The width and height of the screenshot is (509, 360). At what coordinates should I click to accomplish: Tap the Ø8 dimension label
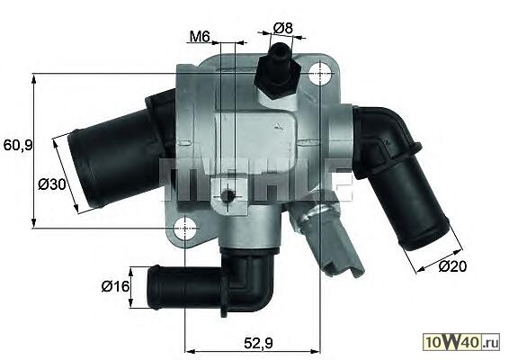coord(282,28)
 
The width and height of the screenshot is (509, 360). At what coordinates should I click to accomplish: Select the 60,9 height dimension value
coord(18,145)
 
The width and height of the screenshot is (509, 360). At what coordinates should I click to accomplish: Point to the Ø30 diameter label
coord(52,184)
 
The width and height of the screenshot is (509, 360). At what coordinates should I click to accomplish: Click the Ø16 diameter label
coord(116,286)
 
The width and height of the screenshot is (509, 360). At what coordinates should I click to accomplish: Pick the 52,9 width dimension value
coord(258,343)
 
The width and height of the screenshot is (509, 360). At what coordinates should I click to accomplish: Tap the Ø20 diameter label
coord(452,266)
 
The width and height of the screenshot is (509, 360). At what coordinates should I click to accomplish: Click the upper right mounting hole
coord(321,74)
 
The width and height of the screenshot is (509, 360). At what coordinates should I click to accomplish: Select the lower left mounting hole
coord(184,229)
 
